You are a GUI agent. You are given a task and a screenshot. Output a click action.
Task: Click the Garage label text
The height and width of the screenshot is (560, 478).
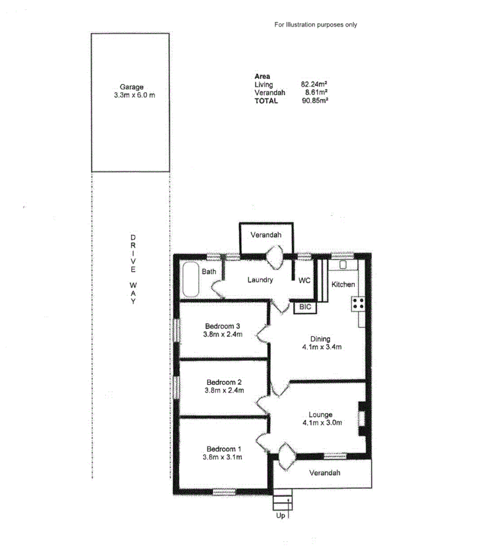point(132,86)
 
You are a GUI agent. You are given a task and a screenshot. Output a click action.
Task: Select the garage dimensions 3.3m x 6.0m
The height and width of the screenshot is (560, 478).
point(132,95)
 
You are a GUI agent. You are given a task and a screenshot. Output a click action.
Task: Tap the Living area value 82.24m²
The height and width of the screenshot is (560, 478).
point(314,85)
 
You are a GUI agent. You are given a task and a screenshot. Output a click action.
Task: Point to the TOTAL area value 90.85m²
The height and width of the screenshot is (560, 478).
point(314,101)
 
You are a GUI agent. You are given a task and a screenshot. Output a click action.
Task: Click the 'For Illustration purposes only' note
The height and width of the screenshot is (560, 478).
point(316,25)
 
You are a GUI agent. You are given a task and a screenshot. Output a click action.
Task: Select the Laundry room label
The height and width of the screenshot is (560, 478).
point(260,280)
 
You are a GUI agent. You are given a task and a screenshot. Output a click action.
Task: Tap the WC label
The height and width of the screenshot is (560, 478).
point(305,280)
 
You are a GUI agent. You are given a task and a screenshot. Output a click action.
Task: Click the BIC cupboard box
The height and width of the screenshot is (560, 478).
point(305,307)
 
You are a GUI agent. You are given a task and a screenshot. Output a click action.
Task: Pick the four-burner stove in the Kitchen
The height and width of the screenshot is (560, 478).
point(359,304)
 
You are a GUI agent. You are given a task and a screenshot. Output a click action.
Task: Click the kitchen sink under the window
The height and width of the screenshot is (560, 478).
point(343,265)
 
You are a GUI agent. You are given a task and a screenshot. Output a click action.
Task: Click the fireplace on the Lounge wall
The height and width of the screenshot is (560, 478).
point(362,418)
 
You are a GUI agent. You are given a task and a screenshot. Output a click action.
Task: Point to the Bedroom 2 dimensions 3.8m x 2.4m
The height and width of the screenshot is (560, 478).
point(224,390)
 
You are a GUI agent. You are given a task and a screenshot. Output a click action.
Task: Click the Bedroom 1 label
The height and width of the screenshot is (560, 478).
point(224,449)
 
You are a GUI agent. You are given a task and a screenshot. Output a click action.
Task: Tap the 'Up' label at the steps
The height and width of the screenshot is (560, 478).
point(279,516)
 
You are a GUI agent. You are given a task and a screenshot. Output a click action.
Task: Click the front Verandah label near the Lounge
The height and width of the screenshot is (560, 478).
point(324,472)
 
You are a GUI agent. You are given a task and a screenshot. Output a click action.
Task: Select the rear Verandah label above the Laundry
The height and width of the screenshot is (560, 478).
point(266,235)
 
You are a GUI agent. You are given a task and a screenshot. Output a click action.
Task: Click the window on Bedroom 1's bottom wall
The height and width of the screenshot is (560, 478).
point(224,492)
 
